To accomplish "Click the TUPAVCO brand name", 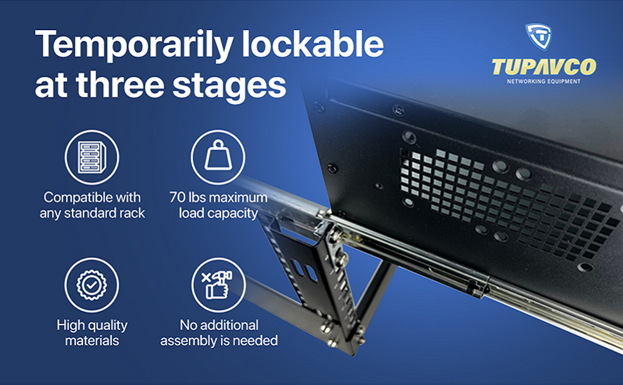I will tap(543, 67).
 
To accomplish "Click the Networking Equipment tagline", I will tap(543, 81).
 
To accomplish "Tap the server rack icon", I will tap(92, 157).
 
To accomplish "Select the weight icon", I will tap(218, 157).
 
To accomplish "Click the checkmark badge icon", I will tap(92, 284).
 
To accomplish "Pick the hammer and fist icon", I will tap(218, 284).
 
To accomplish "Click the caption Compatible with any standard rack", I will tap(92, 205).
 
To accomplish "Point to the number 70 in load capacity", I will tap(178, 197).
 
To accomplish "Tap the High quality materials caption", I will tap(92, 332).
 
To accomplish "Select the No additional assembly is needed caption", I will tap(218, 332).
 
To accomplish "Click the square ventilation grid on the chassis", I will tap(507, 196).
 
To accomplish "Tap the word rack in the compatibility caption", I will tap(132, 212).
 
